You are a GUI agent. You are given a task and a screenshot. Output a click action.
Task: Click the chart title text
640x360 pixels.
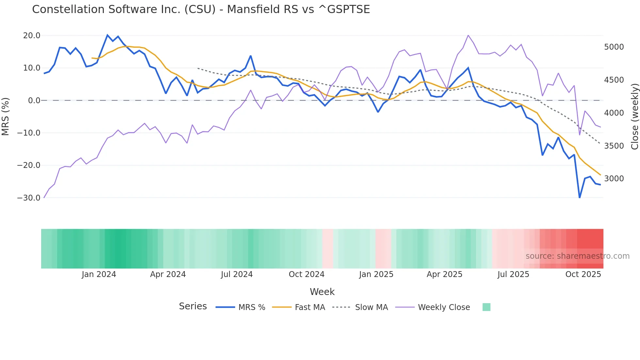pos(201,9)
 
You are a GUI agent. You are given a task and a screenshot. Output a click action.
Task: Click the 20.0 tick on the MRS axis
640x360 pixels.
pos(32,36)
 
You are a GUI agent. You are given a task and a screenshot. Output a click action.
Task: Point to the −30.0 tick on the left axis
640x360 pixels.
pos(29,198)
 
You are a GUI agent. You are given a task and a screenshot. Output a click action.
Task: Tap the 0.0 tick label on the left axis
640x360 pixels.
pos(34,101)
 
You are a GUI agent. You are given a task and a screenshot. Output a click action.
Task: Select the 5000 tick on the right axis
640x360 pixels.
pos(614,47)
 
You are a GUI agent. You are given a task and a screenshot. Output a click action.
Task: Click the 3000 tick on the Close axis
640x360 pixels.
pos(614,179)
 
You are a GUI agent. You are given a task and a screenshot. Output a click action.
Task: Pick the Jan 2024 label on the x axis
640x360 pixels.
pos(99,274)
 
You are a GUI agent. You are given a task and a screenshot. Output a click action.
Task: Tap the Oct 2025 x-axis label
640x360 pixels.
pos(583,274)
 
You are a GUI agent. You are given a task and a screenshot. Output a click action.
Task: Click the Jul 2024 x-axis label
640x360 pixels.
pos(237,274)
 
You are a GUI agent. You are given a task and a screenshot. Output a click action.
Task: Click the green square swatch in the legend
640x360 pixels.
pos(486,307)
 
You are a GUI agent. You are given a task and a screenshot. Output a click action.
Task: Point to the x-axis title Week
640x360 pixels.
pos(322,292)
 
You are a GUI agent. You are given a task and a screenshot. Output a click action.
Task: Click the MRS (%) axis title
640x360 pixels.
pos(6,116)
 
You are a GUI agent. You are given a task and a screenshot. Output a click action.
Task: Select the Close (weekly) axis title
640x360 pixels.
pos(634,116)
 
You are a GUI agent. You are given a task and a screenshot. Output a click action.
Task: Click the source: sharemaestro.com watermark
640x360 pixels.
pos(577,256)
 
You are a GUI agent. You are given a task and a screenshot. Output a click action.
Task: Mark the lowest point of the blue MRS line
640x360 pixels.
pos(580,197)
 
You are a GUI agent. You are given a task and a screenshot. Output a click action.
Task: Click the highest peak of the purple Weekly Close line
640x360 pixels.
pos(468,35)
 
